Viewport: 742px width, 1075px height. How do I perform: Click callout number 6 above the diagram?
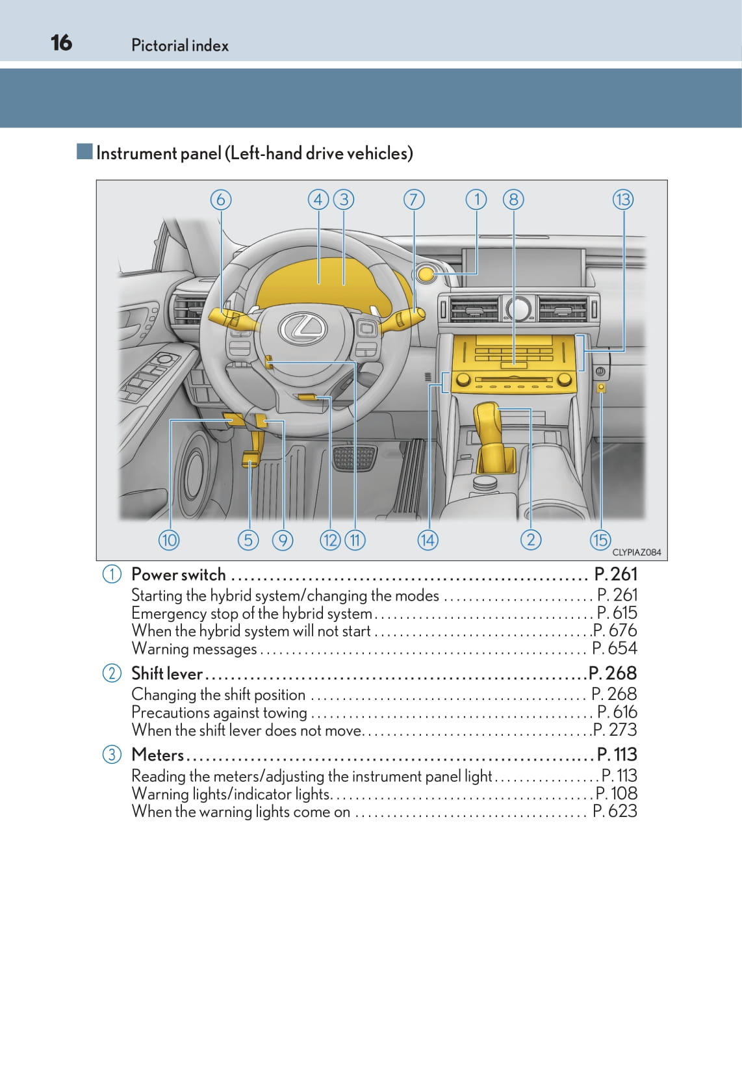click(x=221, y=200)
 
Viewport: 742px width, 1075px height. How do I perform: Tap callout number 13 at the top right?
click(x=622, y=200)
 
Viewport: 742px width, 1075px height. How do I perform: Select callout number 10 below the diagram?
click(x=169, y=539)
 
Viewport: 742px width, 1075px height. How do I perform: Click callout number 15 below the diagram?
click(x=600, y=539)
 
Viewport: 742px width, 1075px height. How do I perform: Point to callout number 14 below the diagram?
click(x=428, y=539)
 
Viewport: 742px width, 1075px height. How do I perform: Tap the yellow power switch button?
click(x=426, y=274)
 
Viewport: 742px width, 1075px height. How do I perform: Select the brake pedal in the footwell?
click(x=354, y=458)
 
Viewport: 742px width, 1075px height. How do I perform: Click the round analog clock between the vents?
click(x=518, y=308)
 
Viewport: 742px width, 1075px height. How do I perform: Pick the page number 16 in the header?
click(x=62, y=43)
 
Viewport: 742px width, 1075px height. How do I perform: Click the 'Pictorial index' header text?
click(x=180, y=45)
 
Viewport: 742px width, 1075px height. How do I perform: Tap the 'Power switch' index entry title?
click(x=179, y=575)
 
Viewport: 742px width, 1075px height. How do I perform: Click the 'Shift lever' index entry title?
click(x=167, y=673)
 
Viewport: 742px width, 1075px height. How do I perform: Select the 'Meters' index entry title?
click(x=158, y=755)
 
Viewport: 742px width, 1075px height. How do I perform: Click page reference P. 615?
click(x=617, y=613)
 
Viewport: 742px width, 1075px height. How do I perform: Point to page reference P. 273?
click(x=615, y=730)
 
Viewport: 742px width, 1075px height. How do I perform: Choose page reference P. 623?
click(x=615, y=811)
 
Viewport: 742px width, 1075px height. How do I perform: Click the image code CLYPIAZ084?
click(x=636, y=552)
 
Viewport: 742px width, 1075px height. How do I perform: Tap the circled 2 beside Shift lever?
click(x=112, y=673)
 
